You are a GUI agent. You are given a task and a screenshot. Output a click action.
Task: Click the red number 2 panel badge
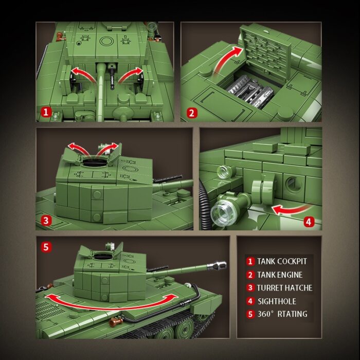click(191, 112)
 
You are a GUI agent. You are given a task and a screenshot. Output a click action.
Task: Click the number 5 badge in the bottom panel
click(46, 247)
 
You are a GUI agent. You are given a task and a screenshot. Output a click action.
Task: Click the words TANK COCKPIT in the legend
click(282, 261)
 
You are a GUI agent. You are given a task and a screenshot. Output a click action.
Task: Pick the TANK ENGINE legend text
click(280, 275)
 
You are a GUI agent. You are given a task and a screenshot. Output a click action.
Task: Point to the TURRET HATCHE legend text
click(284, 288)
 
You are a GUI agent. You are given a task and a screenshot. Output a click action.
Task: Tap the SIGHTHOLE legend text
click(277, 301)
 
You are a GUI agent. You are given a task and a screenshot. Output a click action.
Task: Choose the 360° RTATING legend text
click(282, 314)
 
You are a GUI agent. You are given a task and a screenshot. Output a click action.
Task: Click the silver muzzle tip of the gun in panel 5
click(222, 264)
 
